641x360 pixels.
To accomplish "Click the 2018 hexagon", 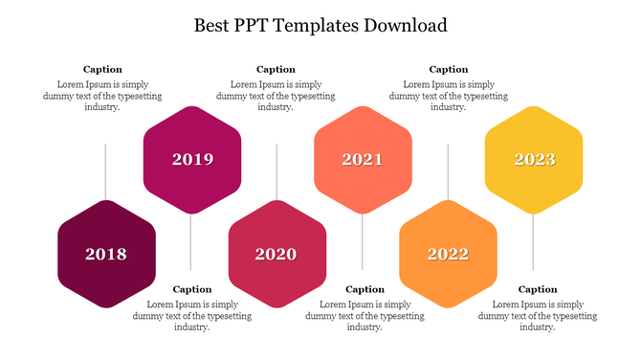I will pos(106,254).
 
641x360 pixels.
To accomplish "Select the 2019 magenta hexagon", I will pos(191,159).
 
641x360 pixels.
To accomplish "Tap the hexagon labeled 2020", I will pos(276,254).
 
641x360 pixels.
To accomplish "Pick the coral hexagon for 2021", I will pos(363,159).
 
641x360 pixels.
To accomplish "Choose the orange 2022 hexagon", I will pos(448,254).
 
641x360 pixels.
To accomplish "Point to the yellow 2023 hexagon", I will pos(534,159).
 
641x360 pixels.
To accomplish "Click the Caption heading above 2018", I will pos(102,69).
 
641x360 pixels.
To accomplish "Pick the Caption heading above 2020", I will pos(276,69).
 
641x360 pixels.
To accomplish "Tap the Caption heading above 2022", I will pos(449,69).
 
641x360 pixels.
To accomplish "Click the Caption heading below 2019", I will pos(191,289).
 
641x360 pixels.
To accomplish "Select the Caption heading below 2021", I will pos(365,289).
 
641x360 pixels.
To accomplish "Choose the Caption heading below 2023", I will pos(538,289).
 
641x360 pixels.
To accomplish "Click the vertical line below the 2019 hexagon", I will pos(191,240).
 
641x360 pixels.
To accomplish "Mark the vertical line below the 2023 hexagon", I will pos(534,240).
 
